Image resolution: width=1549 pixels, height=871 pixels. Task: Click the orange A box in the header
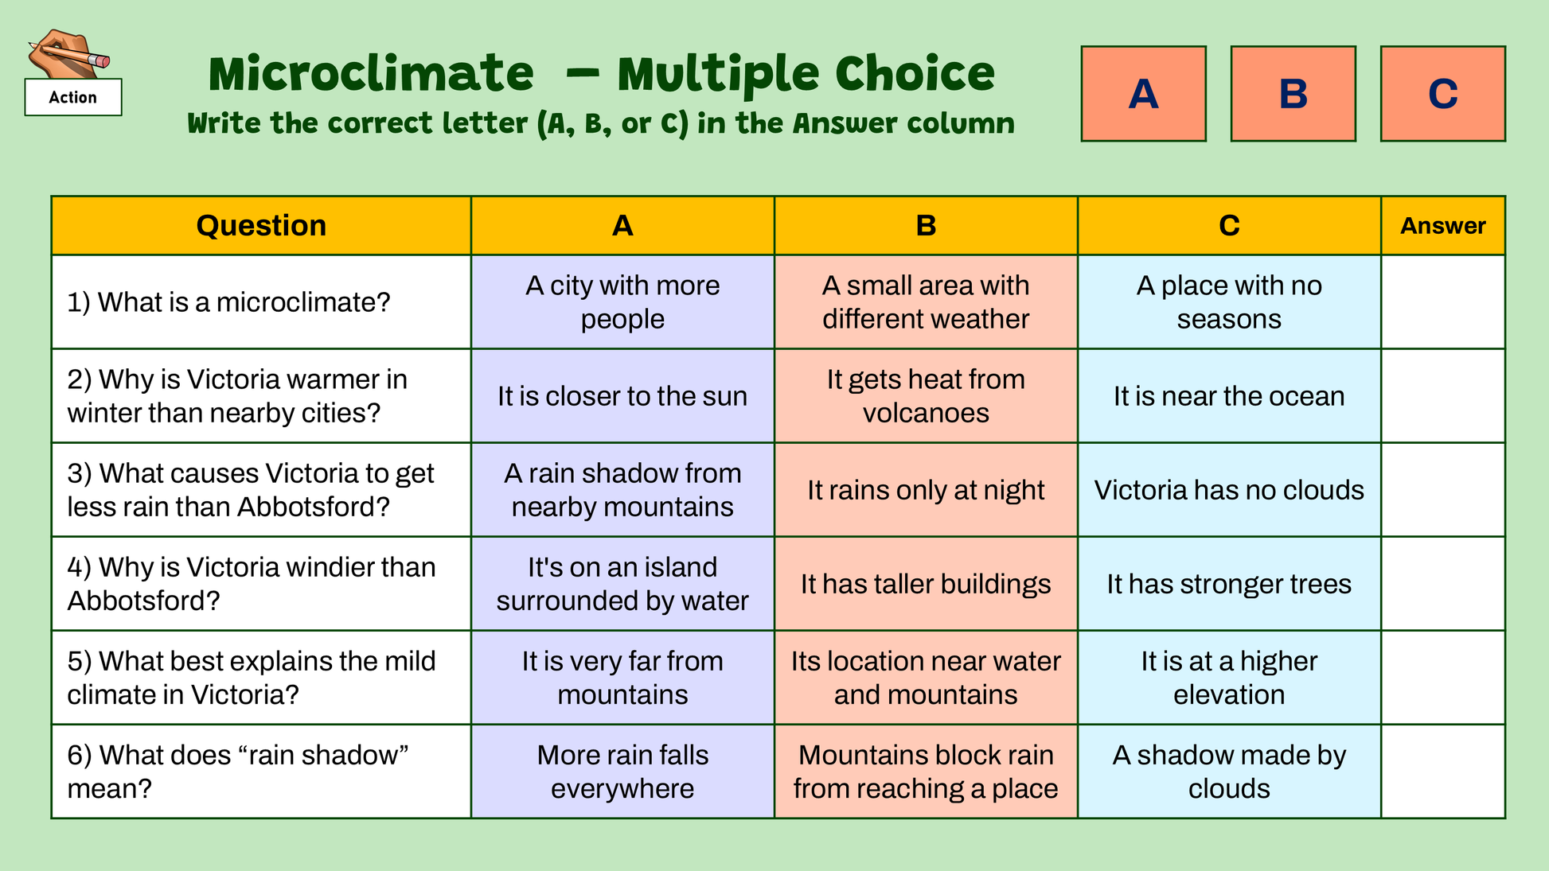[x=1143, y=94]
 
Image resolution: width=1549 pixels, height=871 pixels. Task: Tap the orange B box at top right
[x=1293, y=94]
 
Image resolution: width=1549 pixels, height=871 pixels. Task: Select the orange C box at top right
[x=1442, y=94]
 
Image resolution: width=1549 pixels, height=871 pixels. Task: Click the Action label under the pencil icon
[x=73, y=97]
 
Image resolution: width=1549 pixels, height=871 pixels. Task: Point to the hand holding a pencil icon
[x=68, y=53]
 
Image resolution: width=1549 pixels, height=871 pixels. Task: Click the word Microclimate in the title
[x=371, y=74]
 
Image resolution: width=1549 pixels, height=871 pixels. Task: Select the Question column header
[x=261, y=225]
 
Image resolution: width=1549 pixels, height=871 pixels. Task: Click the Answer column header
[x=1442, y=225]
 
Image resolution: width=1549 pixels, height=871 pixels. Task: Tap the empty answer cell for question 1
[x=1442, y=301]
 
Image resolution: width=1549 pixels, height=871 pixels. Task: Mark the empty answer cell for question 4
[x=1442, y=584]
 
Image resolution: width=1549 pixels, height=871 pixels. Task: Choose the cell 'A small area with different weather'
[x=926, y=301]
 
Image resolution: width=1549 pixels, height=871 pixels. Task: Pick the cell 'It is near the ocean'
[x=1229, y=395]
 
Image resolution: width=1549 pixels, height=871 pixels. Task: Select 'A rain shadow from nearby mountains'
[x=622, y=489]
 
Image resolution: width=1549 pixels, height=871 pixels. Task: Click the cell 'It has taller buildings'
[x=926, y=584]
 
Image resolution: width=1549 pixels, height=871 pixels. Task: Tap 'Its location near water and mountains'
[x=926, y=678]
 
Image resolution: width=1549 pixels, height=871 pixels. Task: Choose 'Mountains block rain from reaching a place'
[x=926, y=772]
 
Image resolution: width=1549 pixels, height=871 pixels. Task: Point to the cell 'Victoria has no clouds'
[x=1229, y=489]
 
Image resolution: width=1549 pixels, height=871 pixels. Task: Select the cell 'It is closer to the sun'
[x=622, y=395]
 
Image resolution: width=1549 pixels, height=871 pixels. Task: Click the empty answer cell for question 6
[x=1442, y=772]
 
